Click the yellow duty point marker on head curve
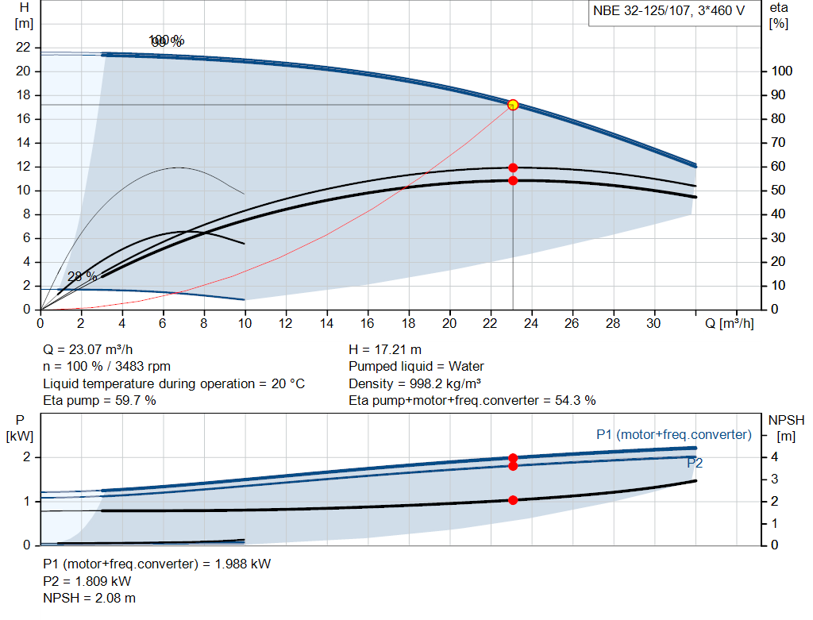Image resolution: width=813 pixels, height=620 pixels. (513, 105)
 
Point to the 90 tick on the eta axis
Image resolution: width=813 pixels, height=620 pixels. (781, 95)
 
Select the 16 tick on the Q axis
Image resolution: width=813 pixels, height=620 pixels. (368, 324)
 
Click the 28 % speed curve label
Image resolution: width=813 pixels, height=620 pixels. (82, 276)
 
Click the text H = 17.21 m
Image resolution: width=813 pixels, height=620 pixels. (385, 349)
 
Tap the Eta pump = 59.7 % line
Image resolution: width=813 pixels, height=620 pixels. (99, 401)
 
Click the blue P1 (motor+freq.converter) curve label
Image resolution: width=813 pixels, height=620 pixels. (673, 434)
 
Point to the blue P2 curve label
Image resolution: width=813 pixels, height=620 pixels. (695, 463)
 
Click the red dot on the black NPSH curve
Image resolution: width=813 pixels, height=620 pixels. (513, 500)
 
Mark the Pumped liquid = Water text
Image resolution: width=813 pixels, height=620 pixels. (416, 367)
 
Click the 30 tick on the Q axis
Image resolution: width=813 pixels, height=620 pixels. (653, 324)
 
